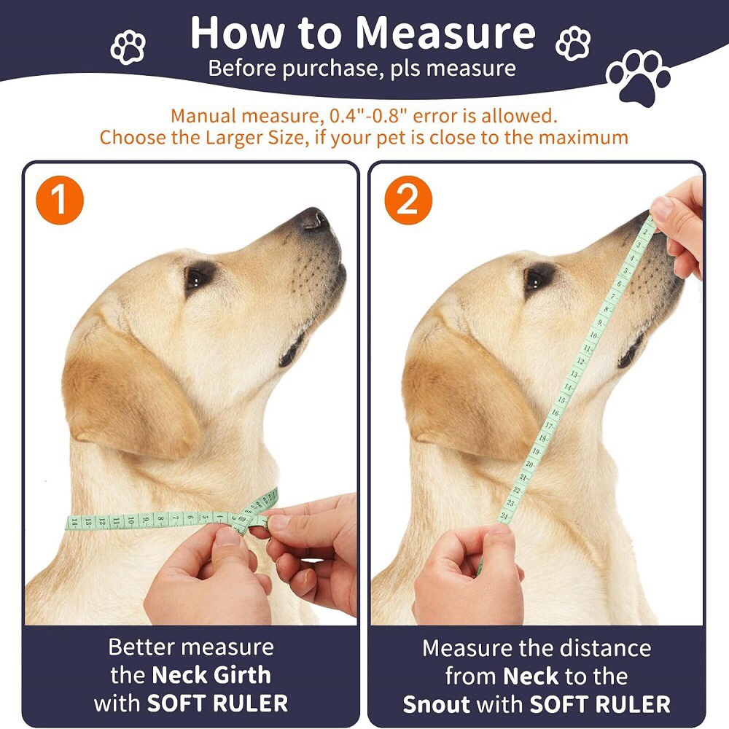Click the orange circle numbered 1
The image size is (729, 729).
pos(60,200)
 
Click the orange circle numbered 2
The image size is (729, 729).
pos(408,200)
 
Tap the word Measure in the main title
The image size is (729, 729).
pos(445,33)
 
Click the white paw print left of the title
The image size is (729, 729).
pos(128,47)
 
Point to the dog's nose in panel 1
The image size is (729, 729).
pos(315,219)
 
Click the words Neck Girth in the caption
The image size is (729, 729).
pos(211,675)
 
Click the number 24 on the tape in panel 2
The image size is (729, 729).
pos(504,516)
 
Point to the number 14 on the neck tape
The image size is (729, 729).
pos(74,523)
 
